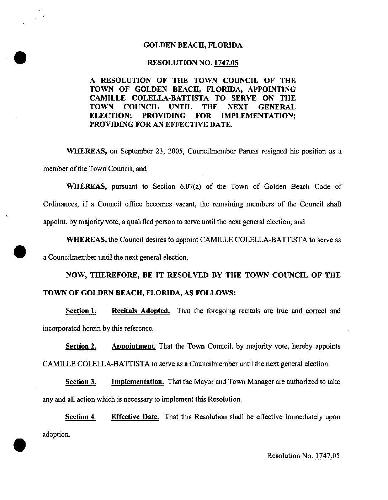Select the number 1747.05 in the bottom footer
pyautogui.click(x=328, y=456)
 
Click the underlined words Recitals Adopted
pyautogui.click(x=140, y=311)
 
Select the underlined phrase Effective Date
pyautogui.click(x=135, y=417)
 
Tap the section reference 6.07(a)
pyautogui.click(x=192, y=187)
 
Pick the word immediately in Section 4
pyautogui.click(x=303, y=417)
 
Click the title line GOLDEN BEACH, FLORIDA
pyautogui.click(x=193, y=45)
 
